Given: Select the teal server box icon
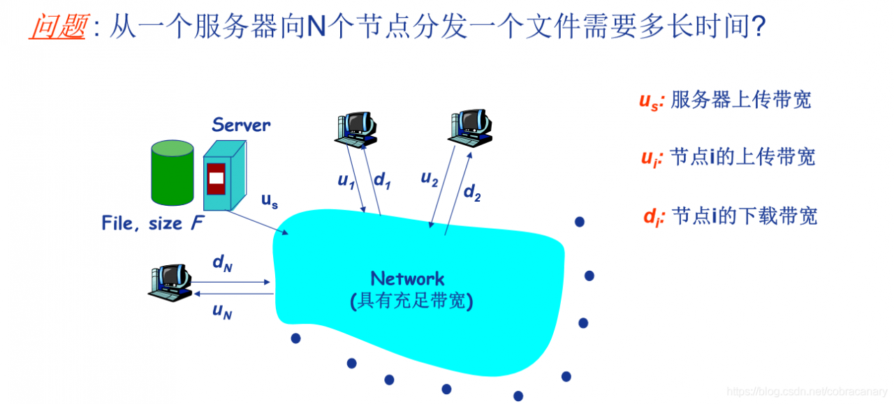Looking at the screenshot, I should pyautogui.click(x=223, y=174).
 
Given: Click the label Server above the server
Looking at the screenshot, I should pyautogui.click(x=241, y=125).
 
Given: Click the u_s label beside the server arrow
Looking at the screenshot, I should pyautogui.click(x=270, y=201).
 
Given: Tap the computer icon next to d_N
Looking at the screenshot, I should pyautogui.click(x=170, y=282).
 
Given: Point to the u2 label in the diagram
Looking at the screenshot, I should pyautogui.click(x=429, y=179).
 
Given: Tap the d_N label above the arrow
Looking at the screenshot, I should pyautogui.click(x=222, y=263).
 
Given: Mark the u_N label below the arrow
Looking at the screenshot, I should pyautogui.click(x=222, y=312).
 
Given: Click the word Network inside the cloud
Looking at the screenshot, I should pyautogui.click(x=407, y=279).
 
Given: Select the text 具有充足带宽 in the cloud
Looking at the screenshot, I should pyautogui.click(x=411, y=301).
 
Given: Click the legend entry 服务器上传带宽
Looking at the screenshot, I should pyautogui.click(x=740, y=100).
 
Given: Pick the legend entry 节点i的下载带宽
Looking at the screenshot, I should pyautogui.click(x=745, y=216).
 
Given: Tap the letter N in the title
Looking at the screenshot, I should pyautogui.click(x=316, y=27).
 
